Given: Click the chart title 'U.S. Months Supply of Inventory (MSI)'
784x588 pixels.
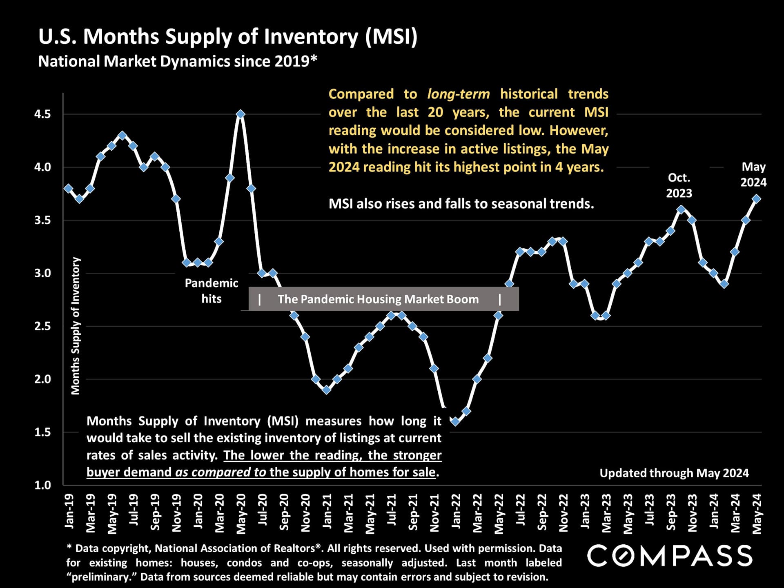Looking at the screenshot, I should tap(228, 37).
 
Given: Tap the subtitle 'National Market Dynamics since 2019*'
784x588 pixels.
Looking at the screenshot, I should tap(178, 61).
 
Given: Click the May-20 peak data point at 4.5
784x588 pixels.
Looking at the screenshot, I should tap(241, 114).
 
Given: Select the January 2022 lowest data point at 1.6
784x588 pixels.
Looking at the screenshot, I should tap(455, 421).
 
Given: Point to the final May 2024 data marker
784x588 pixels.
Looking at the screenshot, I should tap(756, 199).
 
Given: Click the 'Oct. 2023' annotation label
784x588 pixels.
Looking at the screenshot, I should tap(679, 185).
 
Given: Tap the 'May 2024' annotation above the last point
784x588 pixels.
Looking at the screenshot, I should tap(753, 174).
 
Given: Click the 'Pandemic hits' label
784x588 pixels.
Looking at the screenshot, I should tap(211, 291).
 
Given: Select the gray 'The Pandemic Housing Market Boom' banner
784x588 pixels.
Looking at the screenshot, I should tap(383, 299).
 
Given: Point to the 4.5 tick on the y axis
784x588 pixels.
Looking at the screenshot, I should tap(42, 114).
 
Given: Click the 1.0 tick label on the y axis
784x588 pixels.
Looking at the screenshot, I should tap(42, 485).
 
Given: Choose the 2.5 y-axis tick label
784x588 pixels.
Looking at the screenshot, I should tap(42, 326).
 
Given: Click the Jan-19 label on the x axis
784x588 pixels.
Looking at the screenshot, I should tap(69, 511).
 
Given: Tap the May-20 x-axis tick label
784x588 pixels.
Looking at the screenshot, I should tap(241, 513).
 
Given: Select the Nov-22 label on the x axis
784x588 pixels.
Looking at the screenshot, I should tap(563, 513).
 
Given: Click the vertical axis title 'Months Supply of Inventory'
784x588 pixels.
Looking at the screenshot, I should tap(76, 326).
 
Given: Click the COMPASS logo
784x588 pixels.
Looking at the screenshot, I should tap(670, 556).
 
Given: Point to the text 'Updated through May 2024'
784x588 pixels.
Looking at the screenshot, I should tap(674, 473).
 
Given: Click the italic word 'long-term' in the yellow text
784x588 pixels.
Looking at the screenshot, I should tap(458, 94).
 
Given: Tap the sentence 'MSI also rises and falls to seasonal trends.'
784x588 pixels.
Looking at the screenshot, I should tap(461, 203).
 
